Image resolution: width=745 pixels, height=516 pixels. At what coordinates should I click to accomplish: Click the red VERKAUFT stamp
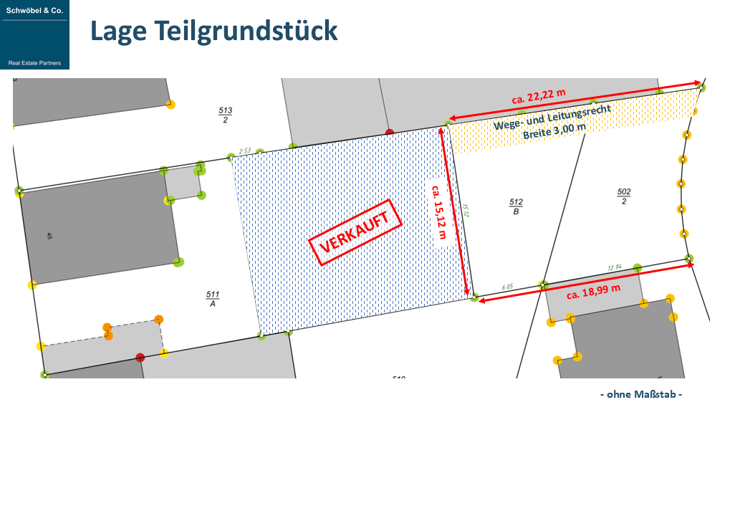(x=354, y=232)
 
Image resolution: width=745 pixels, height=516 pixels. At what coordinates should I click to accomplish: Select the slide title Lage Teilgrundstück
(x=213, y=31)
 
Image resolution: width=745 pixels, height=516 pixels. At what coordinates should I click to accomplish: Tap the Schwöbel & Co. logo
(x=35, y=34)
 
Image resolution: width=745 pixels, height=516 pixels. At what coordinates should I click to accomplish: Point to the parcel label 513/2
(x=226, y=115)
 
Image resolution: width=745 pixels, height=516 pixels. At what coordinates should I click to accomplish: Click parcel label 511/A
(x=213, y=299)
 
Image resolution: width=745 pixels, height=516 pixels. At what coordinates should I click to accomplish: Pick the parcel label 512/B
(x=516, y=206)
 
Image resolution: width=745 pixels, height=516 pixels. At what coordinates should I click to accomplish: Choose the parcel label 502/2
(x=624, y=196)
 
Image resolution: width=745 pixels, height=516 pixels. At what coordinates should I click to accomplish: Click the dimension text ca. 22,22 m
(x=539, y=94)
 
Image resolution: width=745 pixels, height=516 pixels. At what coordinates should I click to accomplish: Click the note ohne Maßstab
(x=640, y=394)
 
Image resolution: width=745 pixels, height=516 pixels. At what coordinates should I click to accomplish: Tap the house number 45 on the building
(x=49, y=235)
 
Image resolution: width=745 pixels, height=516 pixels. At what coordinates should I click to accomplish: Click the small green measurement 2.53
(x=244, y=151)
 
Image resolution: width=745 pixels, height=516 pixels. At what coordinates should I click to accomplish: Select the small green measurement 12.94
(x=615, y=268)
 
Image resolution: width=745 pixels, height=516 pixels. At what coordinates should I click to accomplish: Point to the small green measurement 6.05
(x=507, y=287)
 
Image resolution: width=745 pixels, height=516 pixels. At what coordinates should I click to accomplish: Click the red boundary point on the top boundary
(x=390, y=133)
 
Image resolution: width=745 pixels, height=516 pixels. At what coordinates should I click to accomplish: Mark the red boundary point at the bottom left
(x=140, y=357)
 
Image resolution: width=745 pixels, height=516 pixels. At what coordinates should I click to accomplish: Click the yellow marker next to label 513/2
(x=170, y=105)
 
